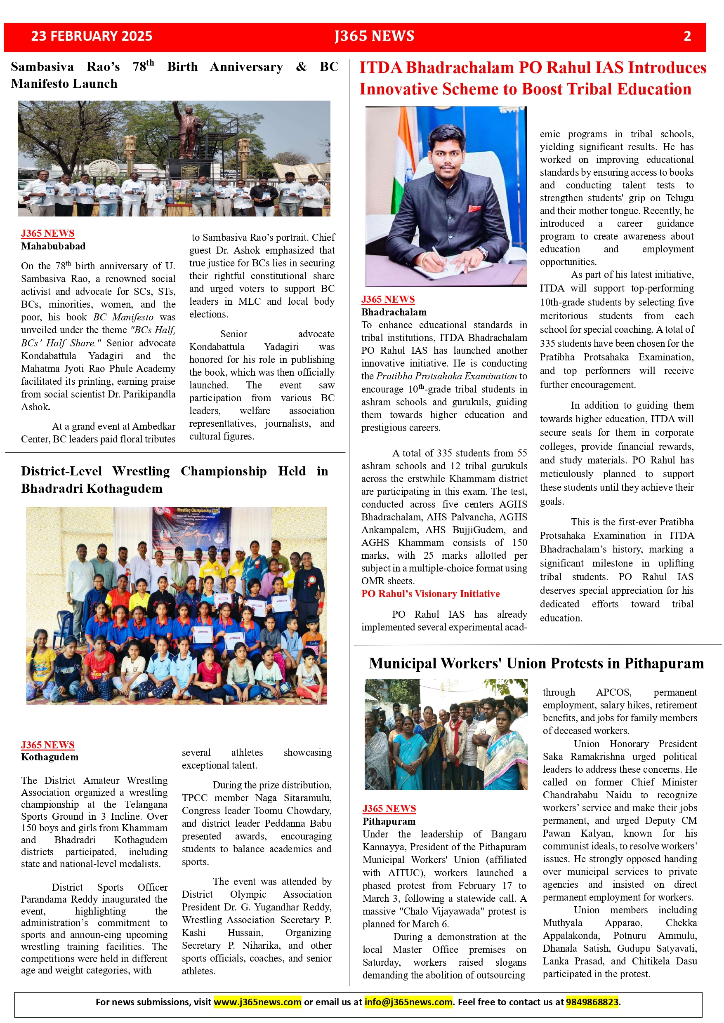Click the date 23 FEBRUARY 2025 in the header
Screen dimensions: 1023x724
coord(92,36)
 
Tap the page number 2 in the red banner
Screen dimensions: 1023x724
coord(687,36)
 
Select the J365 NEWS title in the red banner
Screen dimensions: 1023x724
coord(375,36)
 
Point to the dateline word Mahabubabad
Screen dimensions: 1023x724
coord(53,247)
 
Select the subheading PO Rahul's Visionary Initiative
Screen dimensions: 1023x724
coord(430,594)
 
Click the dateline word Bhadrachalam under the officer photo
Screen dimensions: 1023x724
coord(394,312)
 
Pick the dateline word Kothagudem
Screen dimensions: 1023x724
coord(50,757)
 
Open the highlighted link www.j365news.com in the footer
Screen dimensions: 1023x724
coord(257,1002)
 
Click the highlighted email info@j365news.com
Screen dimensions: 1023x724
coord(408,1002)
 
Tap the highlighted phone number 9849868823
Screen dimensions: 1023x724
coord(592,1002)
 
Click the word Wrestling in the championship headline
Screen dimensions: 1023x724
coord(141,471)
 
